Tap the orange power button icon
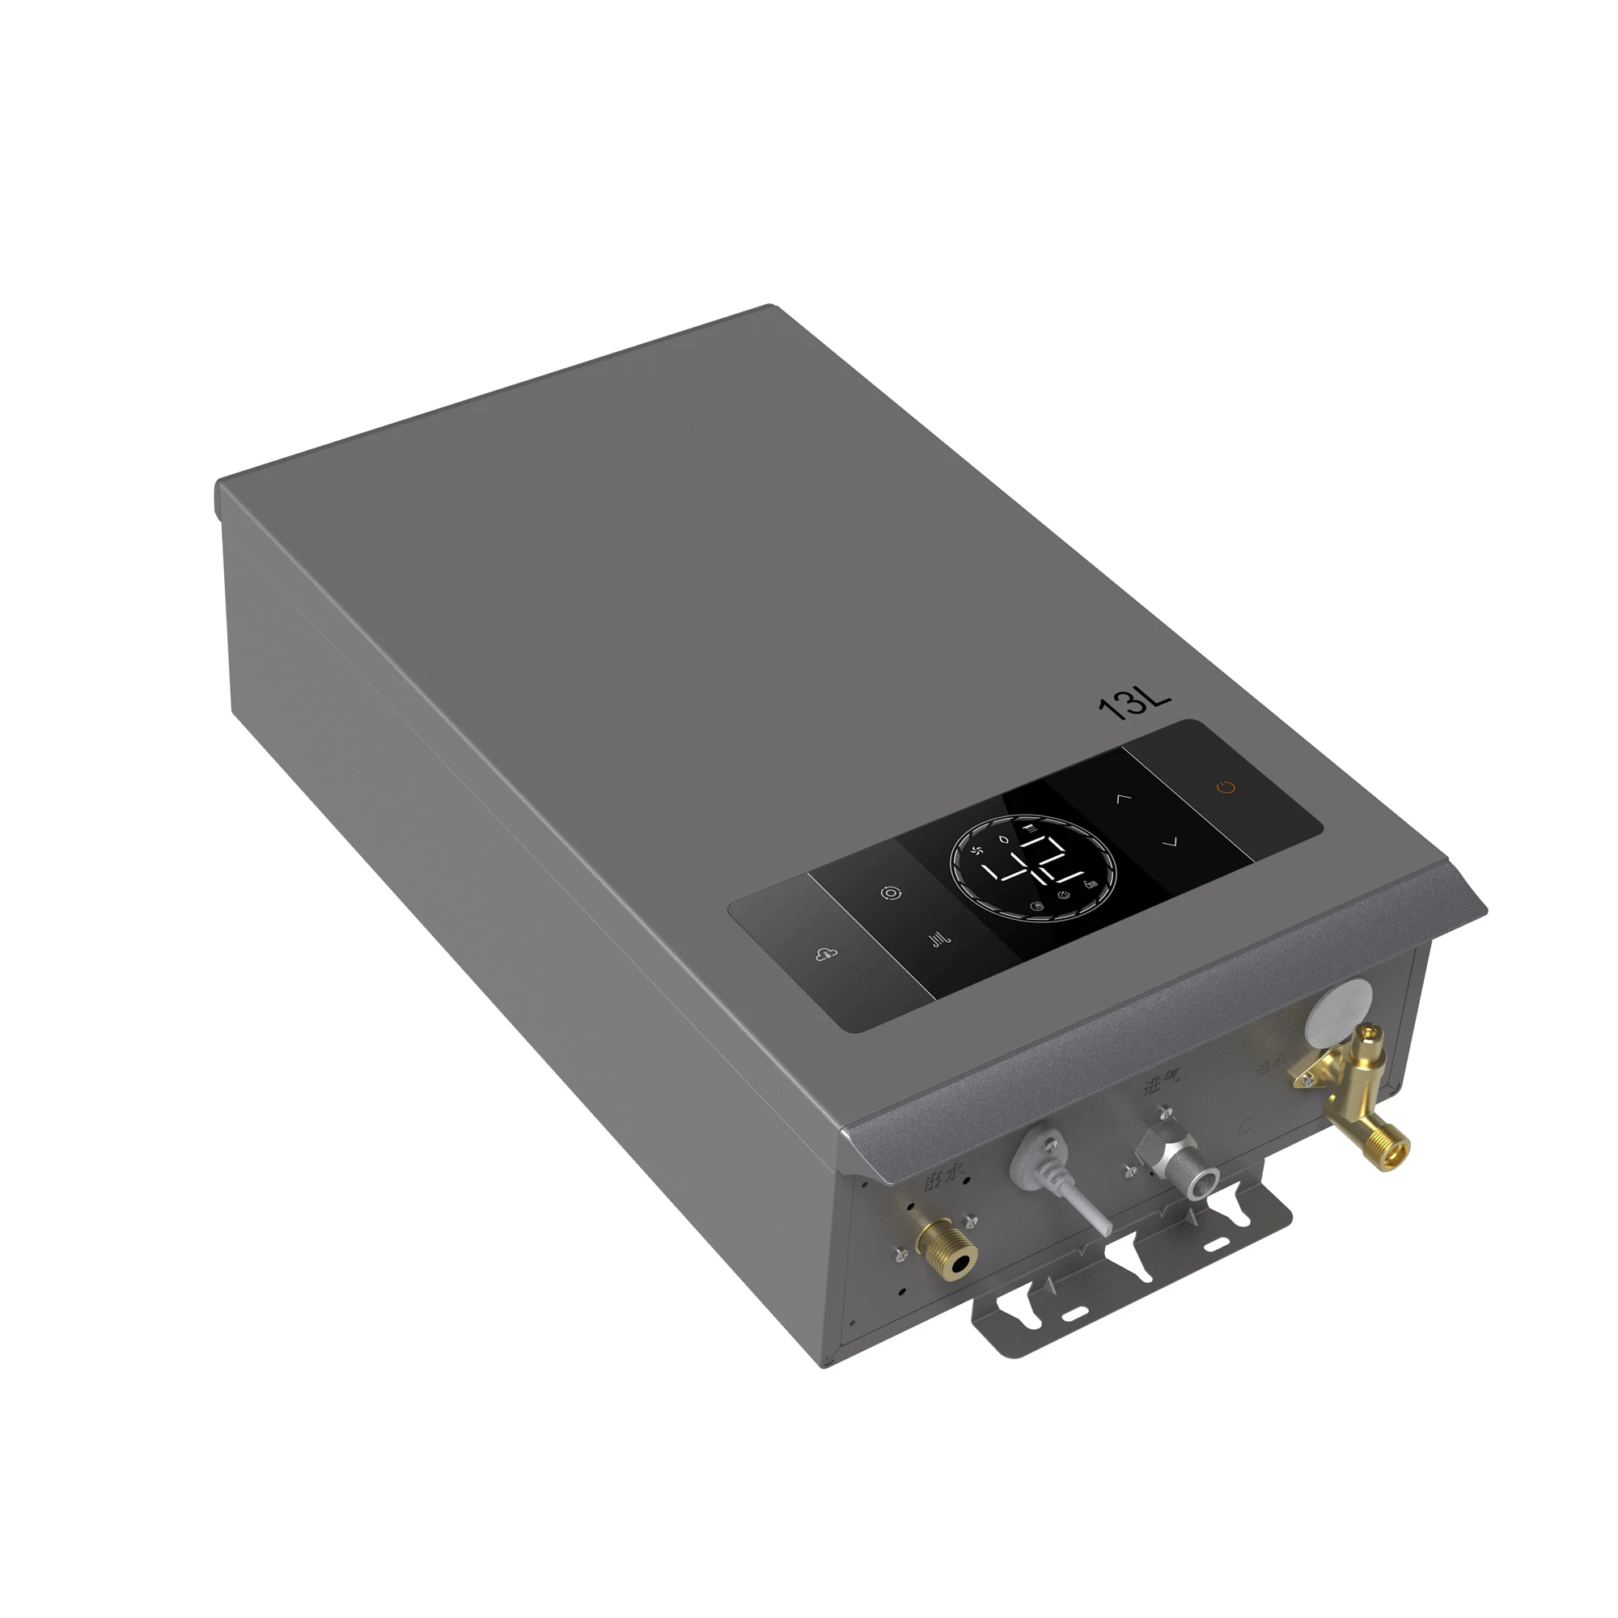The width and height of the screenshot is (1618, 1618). (1226, 787)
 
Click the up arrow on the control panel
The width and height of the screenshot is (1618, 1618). (1123, 798)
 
